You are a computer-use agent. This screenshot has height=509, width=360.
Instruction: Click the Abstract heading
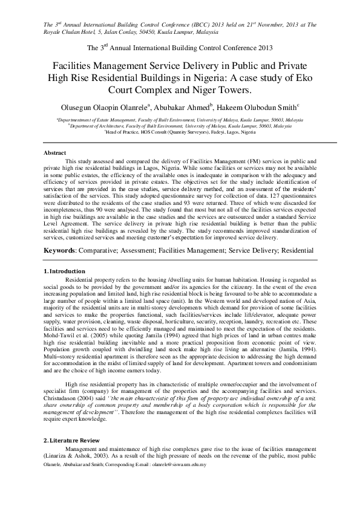tap(54, 154)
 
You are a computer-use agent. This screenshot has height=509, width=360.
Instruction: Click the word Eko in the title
tap(304, 77)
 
